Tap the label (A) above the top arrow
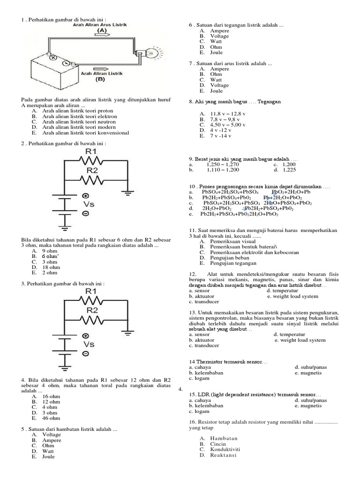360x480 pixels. pyautogui.click(x=101, y=30)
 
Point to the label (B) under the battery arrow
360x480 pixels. pyautogui.click(x=100, y=79)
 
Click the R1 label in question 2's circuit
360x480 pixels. pyautogui.click(x=91, y=152)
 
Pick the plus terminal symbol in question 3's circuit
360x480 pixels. pyautogui.click(x=85, y=336)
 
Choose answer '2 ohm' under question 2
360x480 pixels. pyautogui.click(x=49, y=272)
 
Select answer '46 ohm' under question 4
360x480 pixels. pyautogui.click(x=51, y=418)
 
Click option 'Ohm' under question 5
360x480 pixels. pyautogui.click(x=48, y=445)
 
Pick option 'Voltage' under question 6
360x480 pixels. pyautogui.click(x=219, y=36)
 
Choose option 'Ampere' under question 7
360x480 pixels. pyautogui.click(x=220, y=69)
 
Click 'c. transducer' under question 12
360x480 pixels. pyautogui.click(x=204, y=302)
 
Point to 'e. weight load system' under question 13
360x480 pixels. pyautogui.click(x=300, y=340)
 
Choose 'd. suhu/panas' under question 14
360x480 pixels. pyautogui.click(x=311, y=367)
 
